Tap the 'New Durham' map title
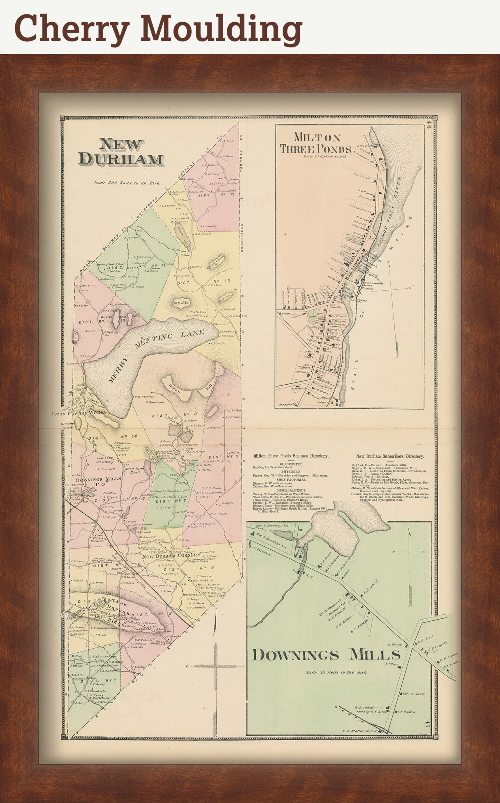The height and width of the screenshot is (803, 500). [x=121, y=152]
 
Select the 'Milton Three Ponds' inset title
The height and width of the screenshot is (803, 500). [x=316, y=143]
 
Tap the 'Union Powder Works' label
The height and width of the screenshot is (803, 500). [x=79, y=413]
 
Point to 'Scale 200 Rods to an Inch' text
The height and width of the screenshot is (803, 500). [x=127, y=183]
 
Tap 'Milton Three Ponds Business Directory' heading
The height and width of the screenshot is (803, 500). [x=291, y=456]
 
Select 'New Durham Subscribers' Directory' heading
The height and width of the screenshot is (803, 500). [x=390, y=456]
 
